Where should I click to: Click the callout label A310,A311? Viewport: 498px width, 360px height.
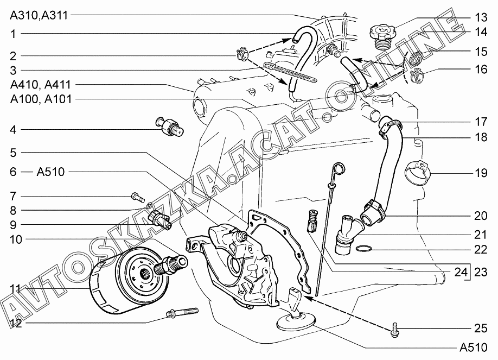pos(39,15)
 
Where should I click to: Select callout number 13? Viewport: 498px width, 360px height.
pos(481,16)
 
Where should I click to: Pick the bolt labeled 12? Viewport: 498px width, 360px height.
pos(182,312)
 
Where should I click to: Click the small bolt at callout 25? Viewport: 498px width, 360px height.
pos(393,329)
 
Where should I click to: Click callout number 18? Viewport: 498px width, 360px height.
pos(481,137)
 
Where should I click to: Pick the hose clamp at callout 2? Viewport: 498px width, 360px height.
pos(241,54)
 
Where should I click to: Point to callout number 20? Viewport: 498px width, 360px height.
pos(481,216)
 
